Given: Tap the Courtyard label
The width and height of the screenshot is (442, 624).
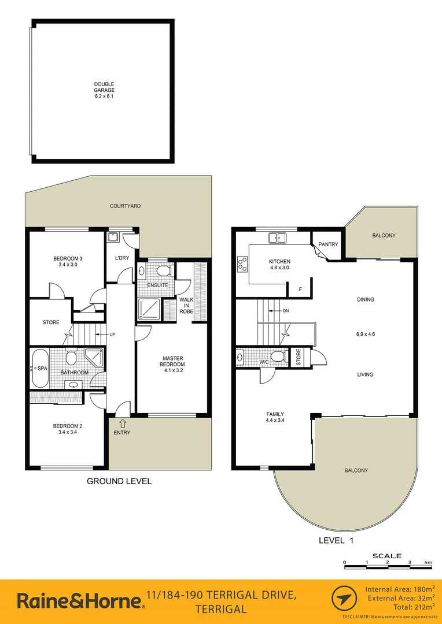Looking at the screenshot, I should click(126, 206).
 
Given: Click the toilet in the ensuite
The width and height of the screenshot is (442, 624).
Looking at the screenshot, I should click(164, 270).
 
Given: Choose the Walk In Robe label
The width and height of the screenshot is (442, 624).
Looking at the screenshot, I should click(186, 306).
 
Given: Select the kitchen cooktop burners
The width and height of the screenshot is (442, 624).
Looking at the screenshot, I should click(241, 265).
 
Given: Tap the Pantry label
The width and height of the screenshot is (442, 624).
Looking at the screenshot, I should click(328, 244).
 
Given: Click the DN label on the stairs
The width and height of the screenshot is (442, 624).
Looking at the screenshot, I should click(286, 311).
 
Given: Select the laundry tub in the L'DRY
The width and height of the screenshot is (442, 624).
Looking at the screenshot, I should click(113, 236).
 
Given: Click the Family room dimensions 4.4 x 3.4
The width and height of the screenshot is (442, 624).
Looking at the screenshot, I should click(275, 421).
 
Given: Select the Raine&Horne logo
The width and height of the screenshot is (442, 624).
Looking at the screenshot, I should click(81, 601).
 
